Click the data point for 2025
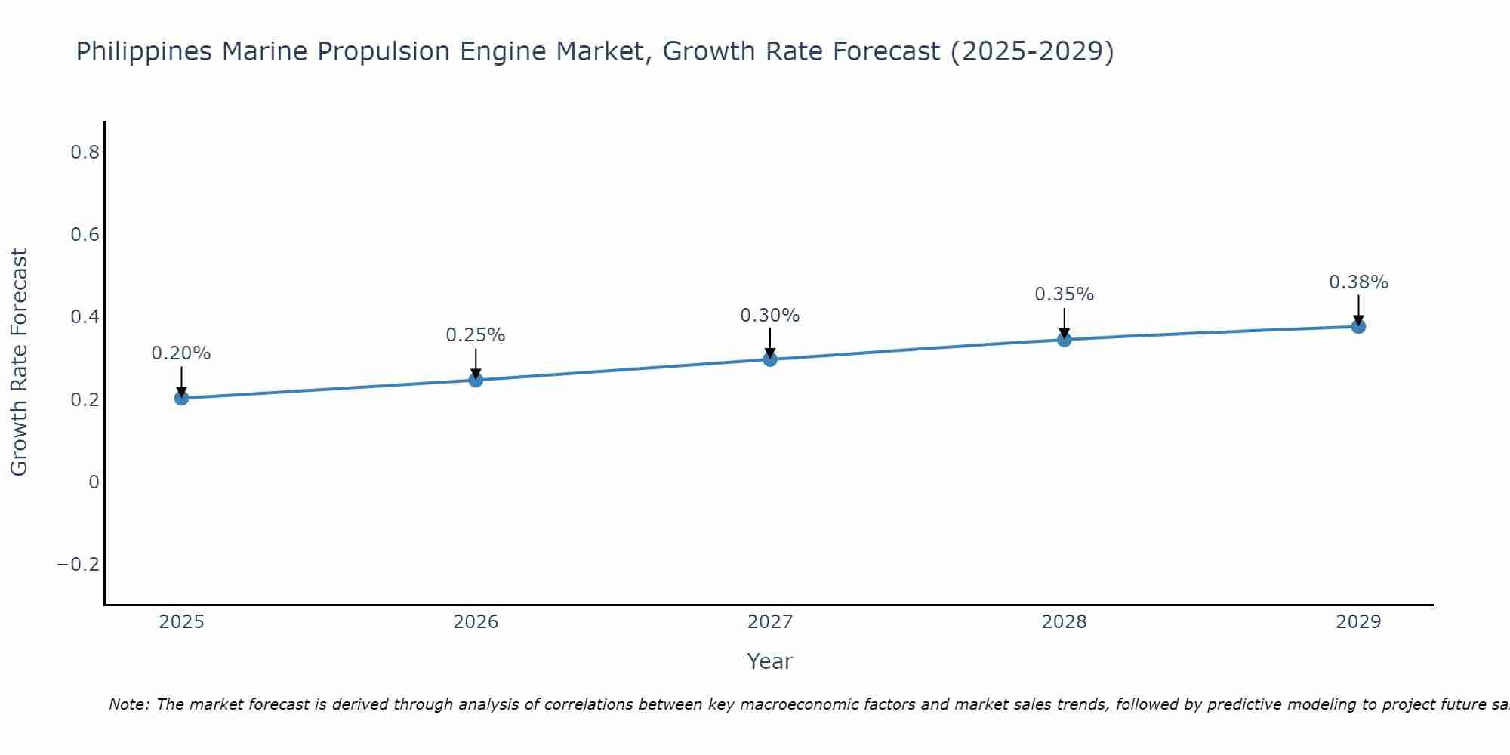181,398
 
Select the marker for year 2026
476,380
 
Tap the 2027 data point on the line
770,359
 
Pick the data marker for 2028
1065,340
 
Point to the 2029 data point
1358,326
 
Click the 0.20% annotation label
181,353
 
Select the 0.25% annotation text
476,335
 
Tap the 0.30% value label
770,316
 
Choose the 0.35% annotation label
1065,294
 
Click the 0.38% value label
1358,282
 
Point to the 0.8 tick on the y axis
85,153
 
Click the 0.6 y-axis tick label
85,235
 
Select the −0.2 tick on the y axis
79,565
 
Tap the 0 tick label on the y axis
94,482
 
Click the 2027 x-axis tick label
770,622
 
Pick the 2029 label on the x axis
1358,622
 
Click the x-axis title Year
770,661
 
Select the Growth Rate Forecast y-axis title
20,362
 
